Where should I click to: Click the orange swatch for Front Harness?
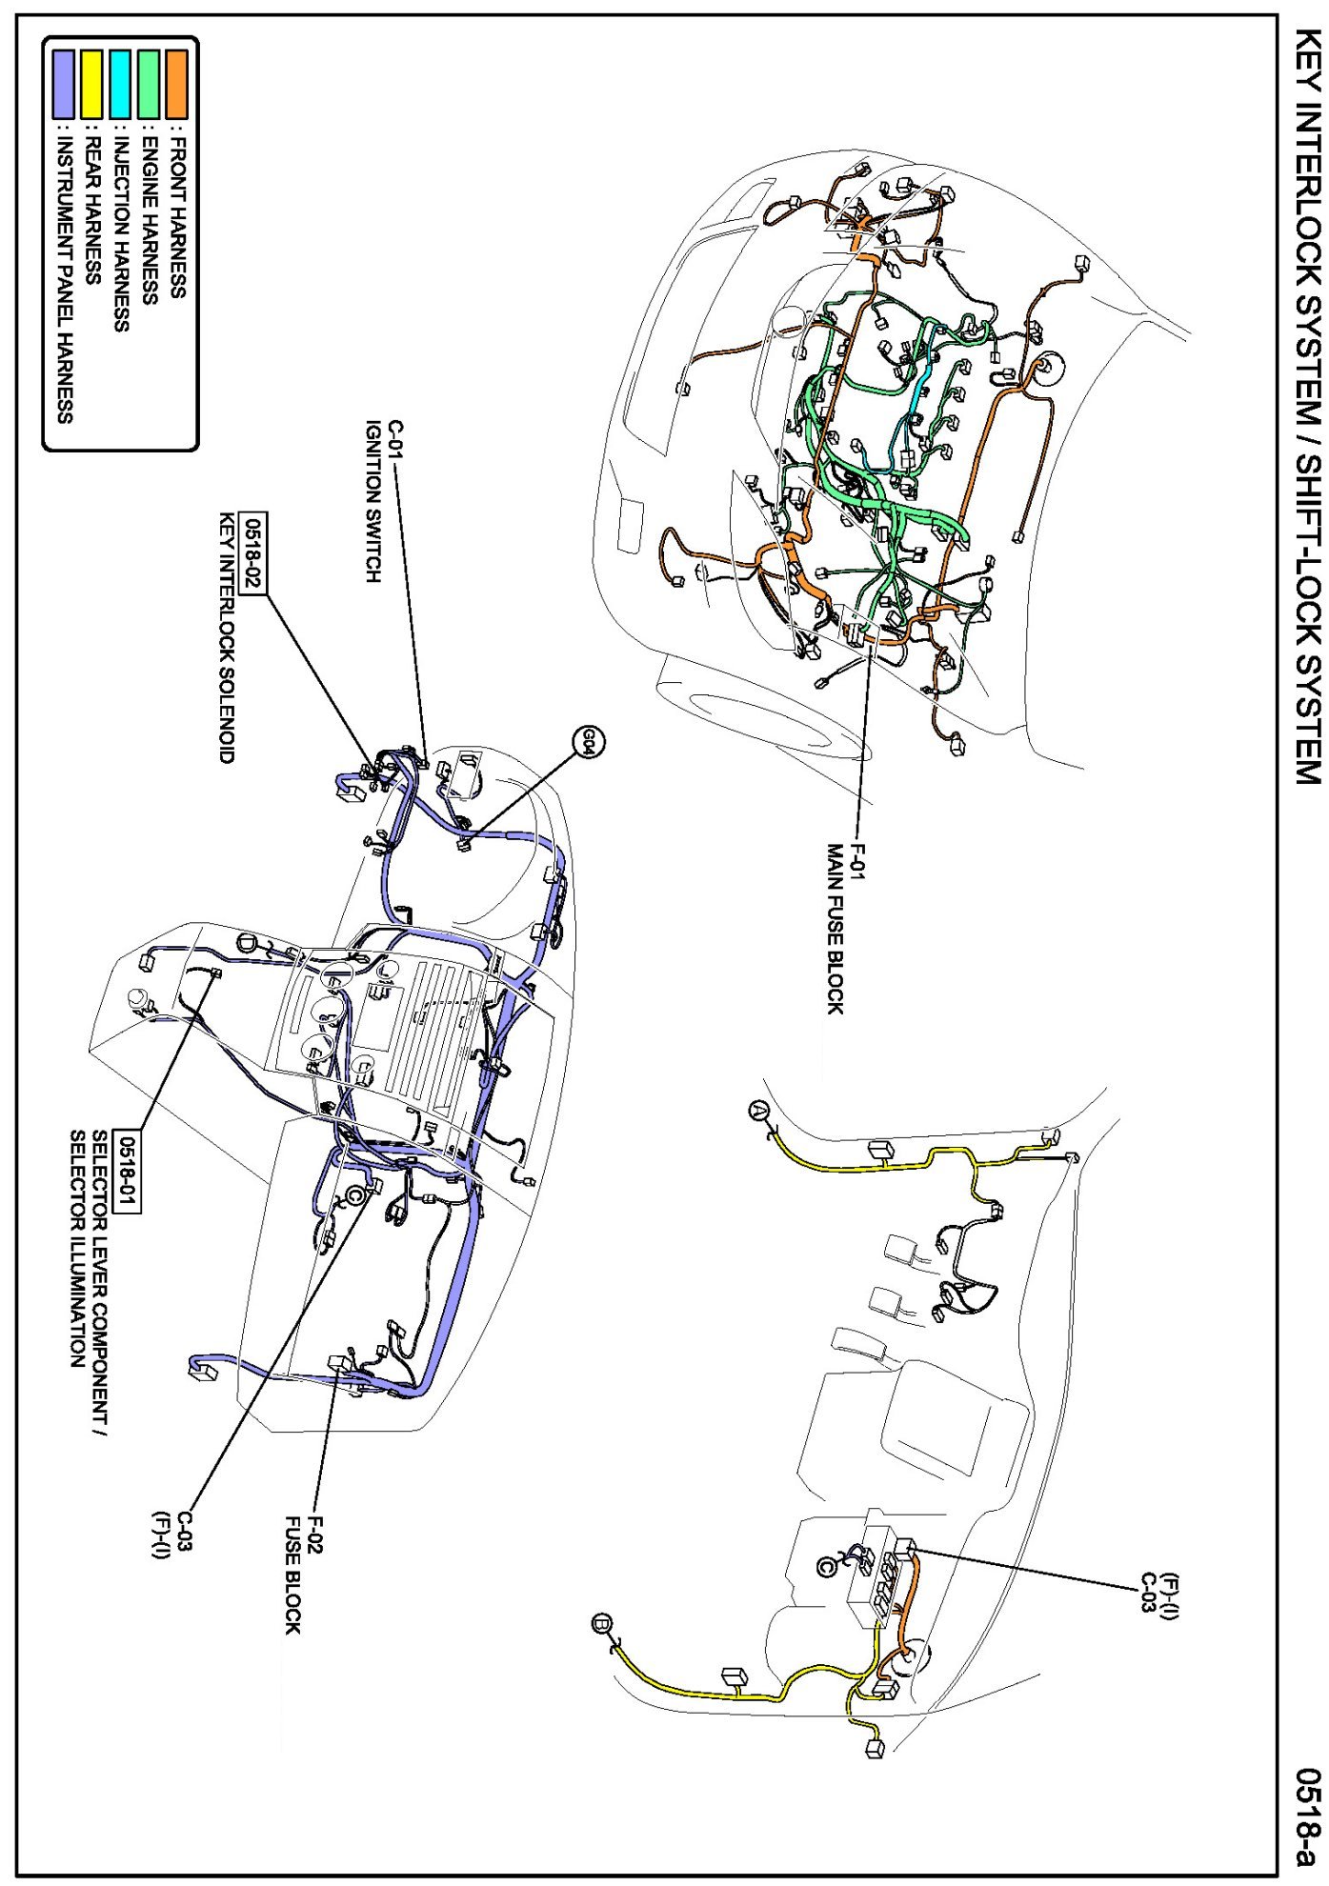click(x=176, y=84)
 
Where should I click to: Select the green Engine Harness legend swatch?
click(x=149, y=84)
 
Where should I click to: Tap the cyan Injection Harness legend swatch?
click(x=120, y=84)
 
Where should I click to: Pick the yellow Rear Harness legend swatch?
click(x=91, y=84)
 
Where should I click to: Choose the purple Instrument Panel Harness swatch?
click(x=63, y=84)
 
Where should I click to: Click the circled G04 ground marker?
click(x=588, y=741)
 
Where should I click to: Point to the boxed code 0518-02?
click(x=254, y=553)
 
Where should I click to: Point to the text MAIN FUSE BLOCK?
click(x=835, y=929)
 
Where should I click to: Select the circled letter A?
click(x=758, y=1110)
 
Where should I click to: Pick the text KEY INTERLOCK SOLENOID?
click(x=226, y=638)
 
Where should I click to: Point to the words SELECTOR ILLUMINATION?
click(x=78, y=1249)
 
